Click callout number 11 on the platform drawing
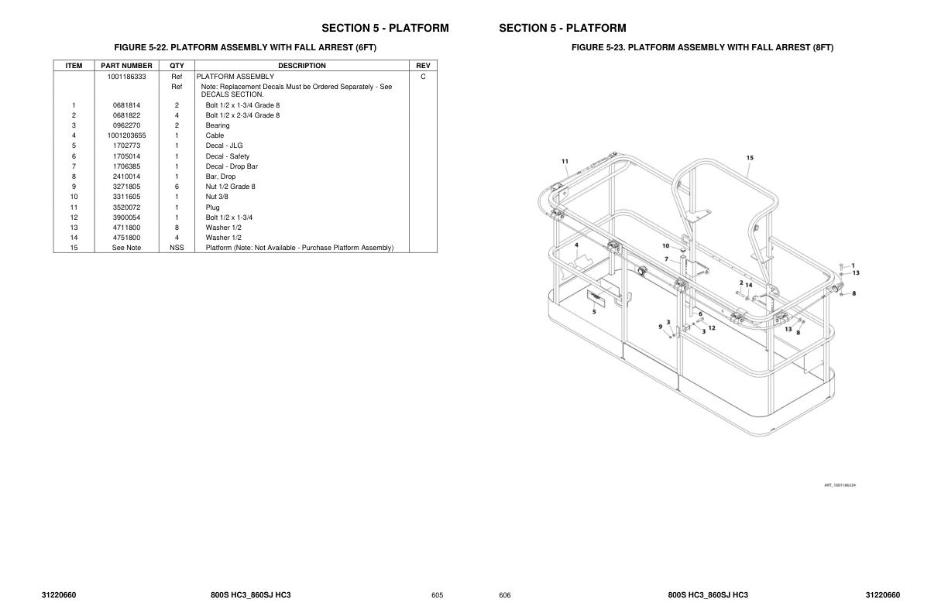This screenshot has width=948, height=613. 565,162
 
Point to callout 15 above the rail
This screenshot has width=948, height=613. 750,158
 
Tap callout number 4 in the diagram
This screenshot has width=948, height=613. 576,245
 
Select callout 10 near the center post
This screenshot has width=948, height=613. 665,246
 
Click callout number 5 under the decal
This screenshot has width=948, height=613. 594,311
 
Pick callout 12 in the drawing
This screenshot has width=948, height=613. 712,327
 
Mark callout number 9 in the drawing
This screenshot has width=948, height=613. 661,327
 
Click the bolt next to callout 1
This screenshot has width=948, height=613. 843,266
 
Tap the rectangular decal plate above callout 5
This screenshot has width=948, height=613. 595,297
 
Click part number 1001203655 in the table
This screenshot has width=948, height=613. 126,135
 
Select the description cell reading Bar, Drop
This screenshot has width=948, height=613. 221,176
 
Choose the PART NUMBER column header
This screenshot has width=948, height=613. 126,66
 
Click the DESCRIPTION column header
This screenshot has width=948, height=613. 302,66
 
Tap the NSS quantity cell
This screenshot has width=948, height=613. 177,248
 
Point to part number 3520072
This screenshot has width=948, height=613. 126,207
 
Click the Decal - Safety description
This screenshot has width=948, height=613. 228,156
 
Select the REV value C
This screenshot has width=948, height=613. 423,77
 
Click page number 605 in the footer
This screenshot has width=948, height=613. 437,595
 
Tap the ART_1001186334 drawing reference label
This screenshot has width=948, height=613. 840,485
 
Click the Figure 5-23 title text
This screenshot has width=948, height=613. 702,48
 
